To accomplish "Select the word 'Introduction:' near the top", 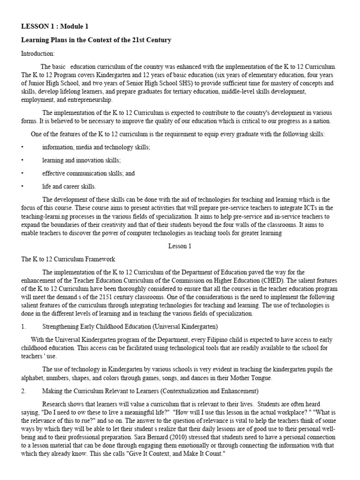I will click(x=38, y=53).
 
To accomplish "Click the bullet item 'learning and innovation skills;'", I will click(x=82, y=160).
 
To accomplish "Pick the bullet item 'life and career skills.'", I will click(x=69, y=186).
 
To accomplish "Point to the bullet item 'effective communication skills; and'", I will click(x=88, y=173).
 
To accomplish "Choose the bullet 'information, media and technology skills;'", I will click(x=96, y=147).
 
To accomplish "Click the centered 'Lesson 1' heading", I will click(x=180, y=246).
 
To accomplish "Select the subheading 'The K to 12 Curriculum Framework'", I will click(x=68, y=259).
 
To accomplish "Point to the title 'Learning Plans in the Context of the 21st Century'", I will click(x=96, y=40).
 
